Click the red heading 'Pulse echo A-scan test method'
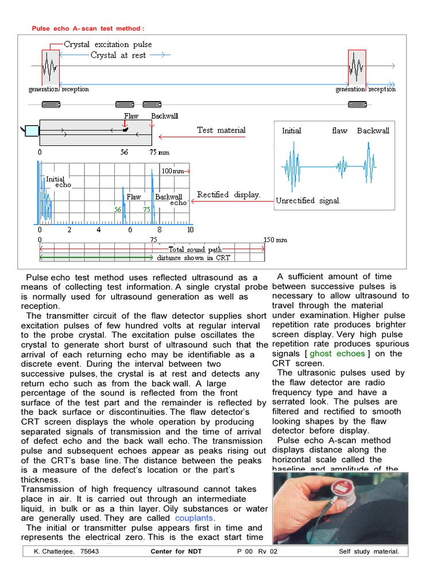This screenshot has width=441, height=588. [87, 28]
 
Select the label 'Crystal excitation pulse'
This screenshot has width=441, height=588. [108, 44]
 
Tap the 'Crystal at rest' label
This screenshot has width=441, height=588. [118, 55]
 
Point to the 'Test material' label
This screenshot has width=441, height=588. [221, 130]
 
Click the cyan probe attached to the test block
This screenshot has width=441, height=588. [31, 131]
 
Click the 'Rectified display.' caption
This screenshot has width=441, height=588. [229, 195]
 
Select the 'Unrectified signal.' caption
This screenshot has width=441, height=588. [308, 200]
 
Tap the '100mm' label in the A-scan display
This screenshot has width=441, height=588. [172, 171]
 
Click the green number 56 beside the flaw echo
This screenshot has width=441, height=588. [117, 210]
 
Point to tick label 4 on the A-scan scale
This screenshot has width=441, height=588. [99, 230]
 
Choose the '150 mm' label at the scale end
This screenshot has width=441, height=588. [275, 239]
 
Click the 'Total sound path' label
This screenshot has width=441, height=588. [194, 249]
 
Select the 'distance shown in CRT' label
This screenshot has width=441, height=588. [194, 258]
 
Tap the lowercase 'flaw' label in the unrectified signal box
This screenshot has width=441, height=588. [339, 130]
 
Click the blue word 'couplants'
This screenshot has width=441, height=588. [194, 518]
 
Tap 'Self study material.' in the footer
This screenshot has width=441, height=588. [373, 552]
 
